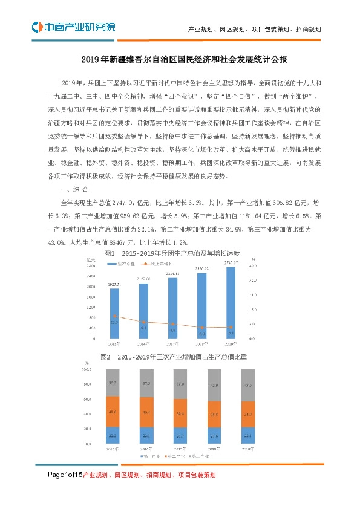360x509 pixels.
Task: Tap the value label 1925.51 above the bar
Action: pos(115,284)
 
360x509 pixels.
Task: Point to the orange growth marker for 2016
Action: pos(143,323)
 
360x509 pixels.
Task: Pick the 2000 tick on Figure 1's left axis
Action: pos(91,287)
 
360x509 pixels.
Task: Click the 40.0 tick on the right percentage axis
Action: pos(255,266)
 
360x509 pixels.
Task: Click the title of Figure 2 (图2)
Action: pos(171,357)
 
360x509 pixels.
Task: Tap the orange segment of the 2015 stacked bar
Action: pos(113,412)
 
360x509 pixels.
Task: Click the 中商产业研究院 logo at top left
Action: pos(73,27)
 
